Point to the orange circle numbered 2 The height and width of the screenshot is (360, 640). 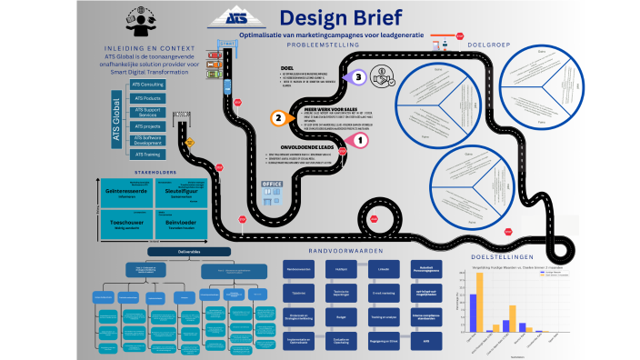[278, 117]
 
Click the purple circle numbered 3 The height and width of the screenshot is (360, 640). [359, 78]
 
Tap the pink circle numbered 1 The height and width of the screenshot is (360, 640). [359, 140]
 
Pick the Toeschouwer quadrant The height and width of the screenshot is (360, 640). [125, 224]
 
